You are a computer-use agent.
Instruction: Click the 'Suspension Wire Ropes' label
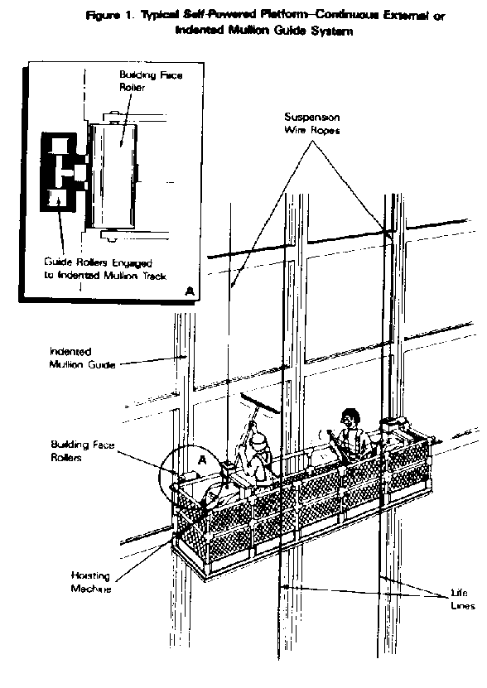tap(311, 123)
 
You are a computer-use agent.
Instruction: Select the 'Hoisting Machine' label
tap(92, 582)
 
